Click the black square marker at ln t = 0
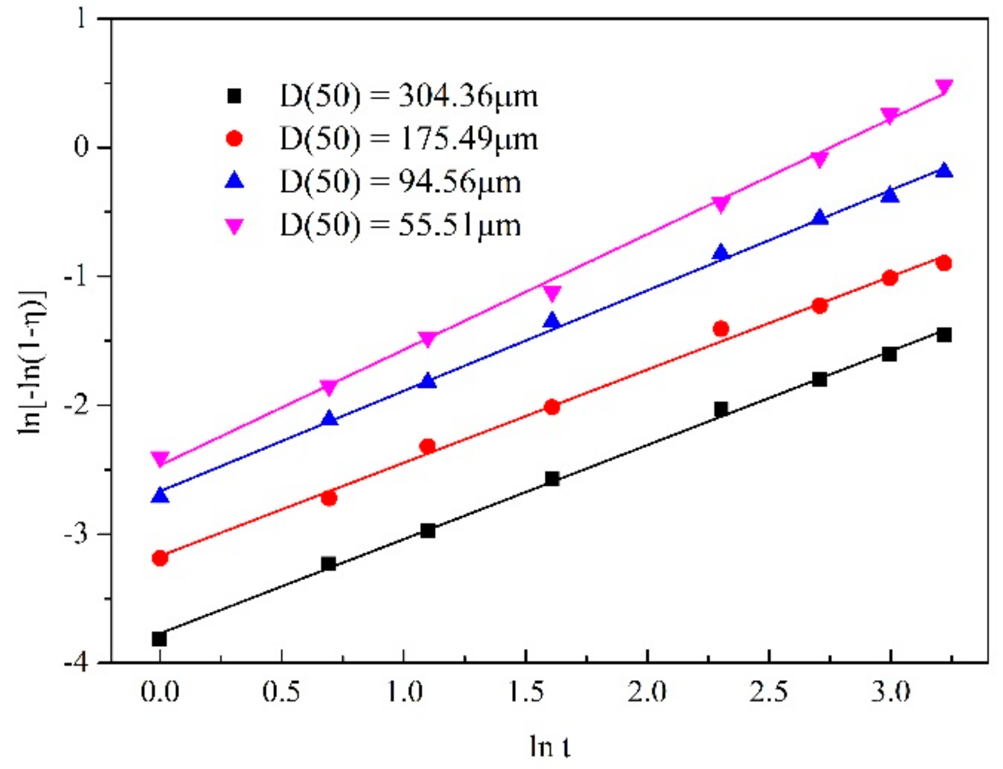(159, 639)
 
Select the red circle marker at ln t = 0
(160, 558)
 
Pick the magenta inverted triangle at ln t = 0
(160, 458)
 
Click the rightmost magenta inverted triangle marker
(944, 86)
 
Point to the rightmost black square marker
(944, 335)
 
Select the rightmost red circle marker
(944, 263)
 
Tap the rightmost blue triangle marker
(944, 171)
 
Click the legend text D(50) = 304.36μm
(408, 95)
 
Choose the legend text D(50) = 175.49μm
(408, 139)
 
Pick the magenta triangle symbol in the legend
(234, 226)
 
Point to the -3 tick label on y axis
(76, 534)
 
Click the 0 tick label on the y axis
(81, 147)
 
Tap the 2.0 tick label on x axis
(647, 692)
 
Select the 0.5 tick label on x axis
(281, 692)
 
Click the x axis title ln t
(550, 746)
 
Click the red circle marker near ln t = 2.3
(721, 328)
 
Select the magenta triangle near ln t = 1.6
(552, 293)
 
